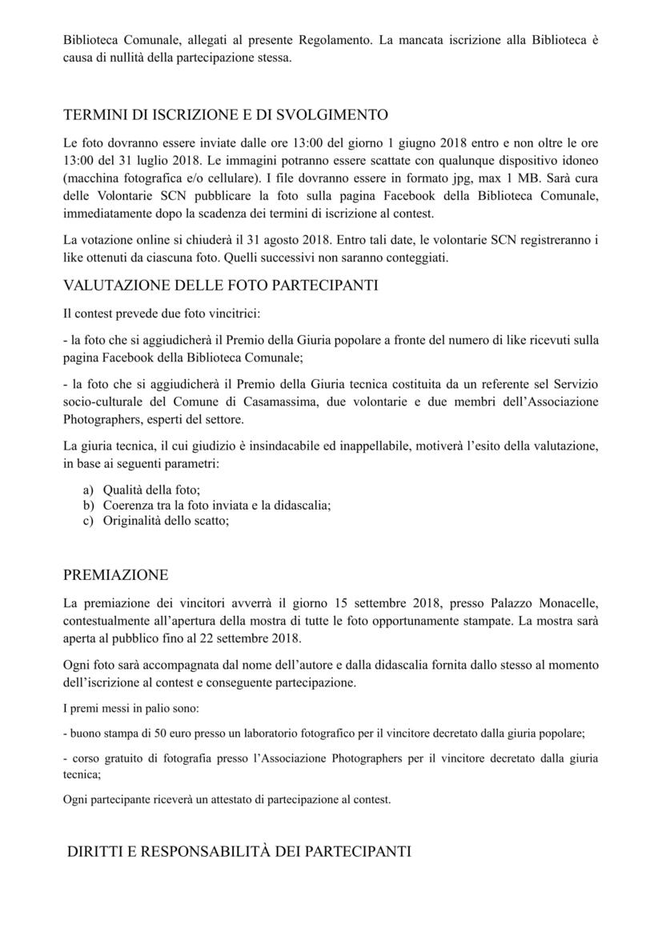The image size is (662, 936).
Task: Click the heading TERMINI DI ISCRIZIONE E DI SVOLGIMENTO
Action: (226, 114)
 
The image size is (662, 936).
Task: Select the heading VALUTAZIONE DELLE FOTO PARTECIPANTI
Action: (220, 286)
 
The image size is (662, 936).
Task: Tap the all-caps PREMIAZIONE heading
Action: (115, 574)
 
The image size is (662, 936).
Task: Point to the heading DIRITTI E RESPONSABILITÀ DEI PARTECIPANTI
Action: (239, 851)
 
